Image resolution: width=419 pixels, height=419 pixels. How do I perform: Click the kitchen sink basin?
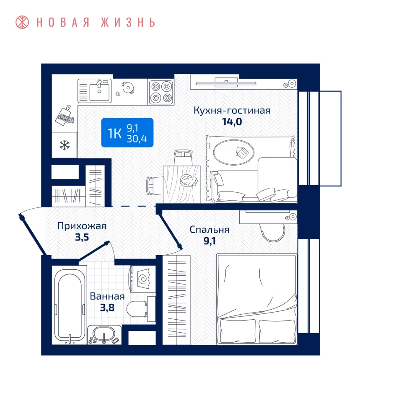click(x=99, y=92)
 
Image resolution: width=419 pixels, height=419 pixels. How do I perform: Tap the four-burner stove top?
click(x=161, y=92)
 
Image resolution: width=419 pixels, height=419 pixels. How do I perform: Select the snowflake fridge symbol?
click(x=65, y=145)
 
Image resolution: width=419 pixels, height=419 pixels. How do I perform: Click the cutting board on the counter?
click(x=65, y=116)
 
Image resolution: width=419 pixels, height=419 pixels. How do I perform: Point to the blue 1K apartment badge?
click(x=127, y=132)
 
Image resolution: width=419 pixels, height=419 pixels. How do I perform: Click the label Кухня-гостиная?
click(x=232, y=110)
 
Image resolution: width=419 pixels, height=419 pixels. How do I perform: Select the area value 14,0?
click(x=232, y=122)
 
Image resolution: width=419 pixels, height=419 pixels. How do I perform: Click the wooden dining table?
click(x=182, y=184)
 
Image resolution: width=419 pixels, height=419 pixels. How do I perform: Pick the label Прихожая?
click(x=82, y=226)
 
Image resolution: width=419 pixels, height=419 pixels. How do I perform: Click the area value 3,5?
click(x=82, y=237)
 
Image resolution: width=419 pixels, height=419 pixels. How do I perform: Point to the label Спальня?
click(x=209, y=230)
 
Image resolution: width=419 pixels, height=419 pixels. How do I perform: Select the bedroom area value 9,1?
click(x=209, y=241)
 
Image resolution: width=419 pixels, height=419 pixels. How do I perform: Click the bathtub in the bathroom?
click(x=70, y=306)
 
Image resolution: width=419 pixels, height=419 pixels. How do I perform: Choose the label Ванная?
click(x=107, y=296)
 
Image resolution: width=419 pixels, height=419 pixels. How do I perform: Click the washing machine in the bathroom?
click(x=143, y=279)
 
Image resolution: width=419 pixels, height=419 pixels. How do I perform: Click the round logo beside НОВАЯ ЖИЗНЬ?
click(x=22, y=22)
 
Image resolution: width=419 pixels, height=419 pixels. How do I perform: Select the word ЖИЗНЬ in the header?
click(x=128, y=23)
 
